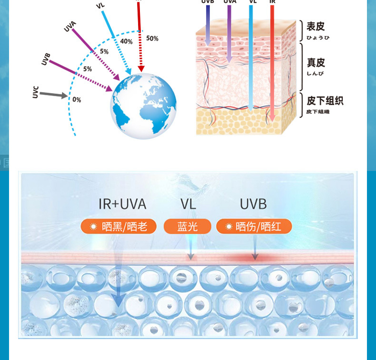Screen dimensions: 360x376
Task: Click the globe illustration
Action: [144, 106]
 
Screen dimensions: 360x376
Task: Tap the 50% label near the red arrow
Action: [152, 39]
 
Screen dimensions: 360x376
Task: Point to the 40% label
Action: [127, 41]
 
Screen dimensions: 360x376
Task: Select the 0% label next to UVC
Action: [77, 100]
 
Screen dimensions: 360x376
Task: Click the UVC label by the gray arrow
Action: [36, 92]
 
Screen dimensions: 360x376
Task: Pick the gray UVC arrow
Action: [53, 95]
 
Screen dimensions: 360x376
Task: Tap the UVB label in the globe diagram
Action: [46, 60]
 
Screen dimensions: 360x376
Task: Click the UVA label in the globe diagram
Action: [70, 27]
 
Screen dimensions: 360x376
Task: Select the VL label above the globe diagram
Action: [100, 6]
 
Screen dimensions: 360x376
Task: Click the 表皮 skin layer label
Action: [316, 27]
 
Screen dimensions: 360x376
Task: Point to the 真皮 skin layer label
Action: [316, 63]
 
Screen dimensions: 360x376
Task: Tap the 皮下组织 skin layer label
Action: [325, 100]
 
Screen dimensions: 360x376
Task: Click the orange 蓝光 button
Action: [188, 227]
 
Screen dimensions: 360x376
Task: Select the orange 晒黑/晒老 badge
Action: [119, 227]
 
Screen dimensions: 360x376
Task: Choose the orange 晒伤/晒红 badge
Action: [254, 227]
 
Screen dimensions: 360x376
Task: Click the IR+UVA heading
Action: [122, 204]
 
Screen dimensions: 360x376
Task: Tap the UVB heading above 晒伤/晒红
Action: [253, 204]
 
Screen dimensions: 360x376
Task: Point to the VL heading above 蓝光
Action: [188, 204]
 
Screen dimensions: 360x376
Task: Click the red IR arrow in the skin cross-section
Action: [272, 62]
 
